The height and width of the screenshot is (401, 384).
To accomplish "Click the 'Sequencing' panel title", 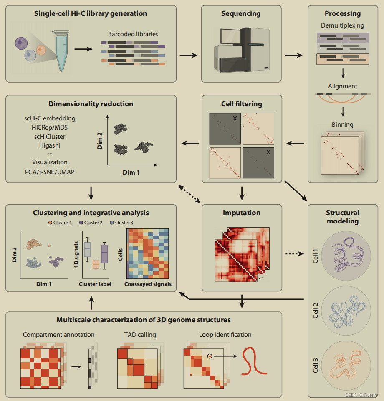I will (241, 13).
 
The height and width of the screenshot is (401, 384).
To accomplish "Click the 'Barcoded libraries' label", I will (133, 34).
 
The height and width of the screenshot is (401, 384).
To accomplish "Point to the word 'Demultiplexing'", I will (342, 25).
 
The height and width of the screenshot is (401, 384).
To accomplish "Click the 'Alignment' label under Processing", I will (342, 86).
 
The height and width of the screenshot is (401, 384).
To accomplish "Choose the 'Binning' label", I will (342, 124).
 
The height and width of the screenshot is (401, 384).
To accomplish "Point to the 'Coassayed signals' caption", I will (148, 284).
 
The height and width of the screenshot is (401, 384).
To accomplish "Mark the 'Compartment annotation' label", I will (59, 335).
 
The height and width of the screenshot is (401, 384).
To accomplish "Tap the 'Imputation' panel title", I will (242, 213).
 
